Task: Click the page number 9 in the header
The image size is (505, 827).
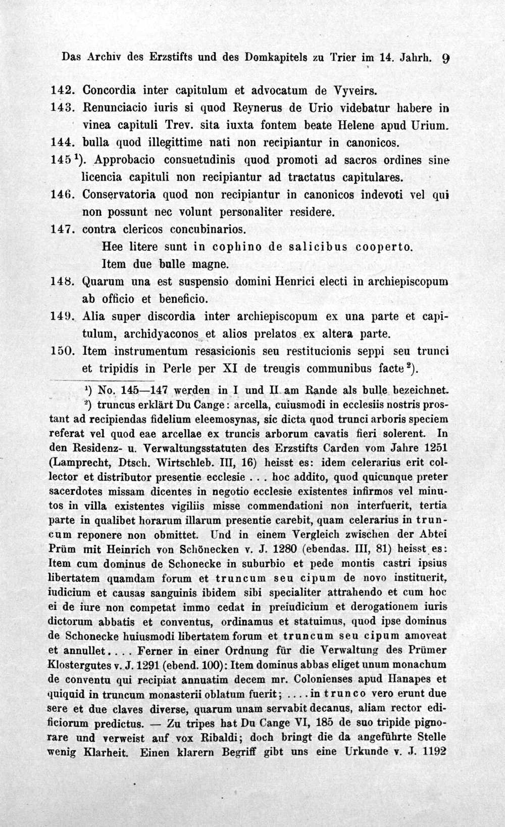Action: (x=445, y=58)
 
